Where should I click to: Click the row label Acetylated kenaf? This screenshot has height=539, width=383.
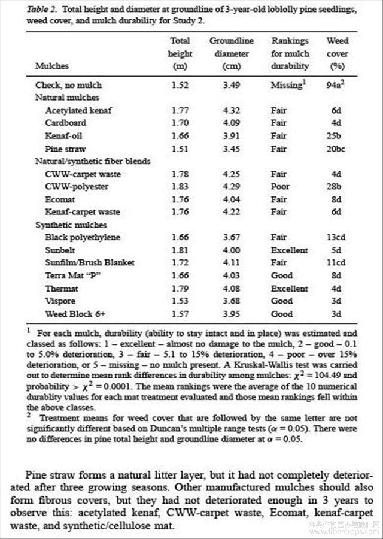[78, 110]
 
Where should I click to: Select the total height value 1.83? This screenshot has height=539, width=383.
[180, 187]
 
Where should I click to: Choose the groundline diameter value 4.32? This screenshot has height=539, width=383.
[232, 110]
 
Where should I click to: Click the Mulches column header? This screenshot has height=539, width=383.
[52, 66]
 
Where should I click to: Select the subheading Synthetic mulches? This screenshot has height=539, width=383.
[71, 225]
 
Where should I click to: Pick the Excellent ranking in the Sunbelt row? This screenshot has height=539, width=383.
[290, 250]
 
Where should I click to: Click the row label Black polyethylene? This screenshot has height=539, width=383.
[83, 238]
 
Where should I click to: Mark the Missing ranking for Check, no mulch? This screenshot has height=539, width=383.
[287, 85]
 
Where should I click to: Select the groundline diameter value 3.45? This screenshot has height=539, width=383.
[232, 149]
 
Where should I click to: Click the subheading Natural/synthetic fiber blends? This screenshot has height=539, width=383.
[93, 161]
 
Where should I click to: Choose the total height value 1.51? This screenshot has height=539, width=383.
[180, 149]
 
